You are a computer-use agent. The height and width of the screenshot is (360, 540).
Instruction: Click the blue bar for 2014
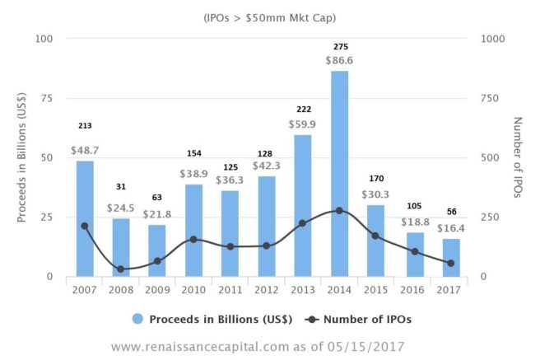[x=340, y=174]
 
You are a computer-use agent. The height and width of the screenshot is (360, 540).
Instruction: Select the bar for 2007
[x=85, y=218]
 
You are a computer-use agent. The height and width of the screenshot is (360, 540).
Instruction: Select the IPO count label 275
[x=340, y=46]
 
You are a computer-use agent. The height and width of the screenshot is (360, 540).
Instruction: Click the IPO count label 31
[x=121, y=187]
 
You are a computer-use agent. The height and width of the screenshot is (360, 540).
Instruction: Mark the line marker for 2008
[x=121, y=269]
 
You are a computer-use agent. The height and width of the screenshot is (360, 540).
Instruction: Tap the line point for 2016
[x=414, y=251]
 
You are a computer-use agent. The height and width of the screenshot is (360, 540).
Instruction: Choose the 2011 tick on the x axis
[x=230, y=289]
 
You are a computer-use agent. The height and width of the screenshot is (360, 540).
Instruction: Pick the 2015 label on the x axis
[x=377, y=289]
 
